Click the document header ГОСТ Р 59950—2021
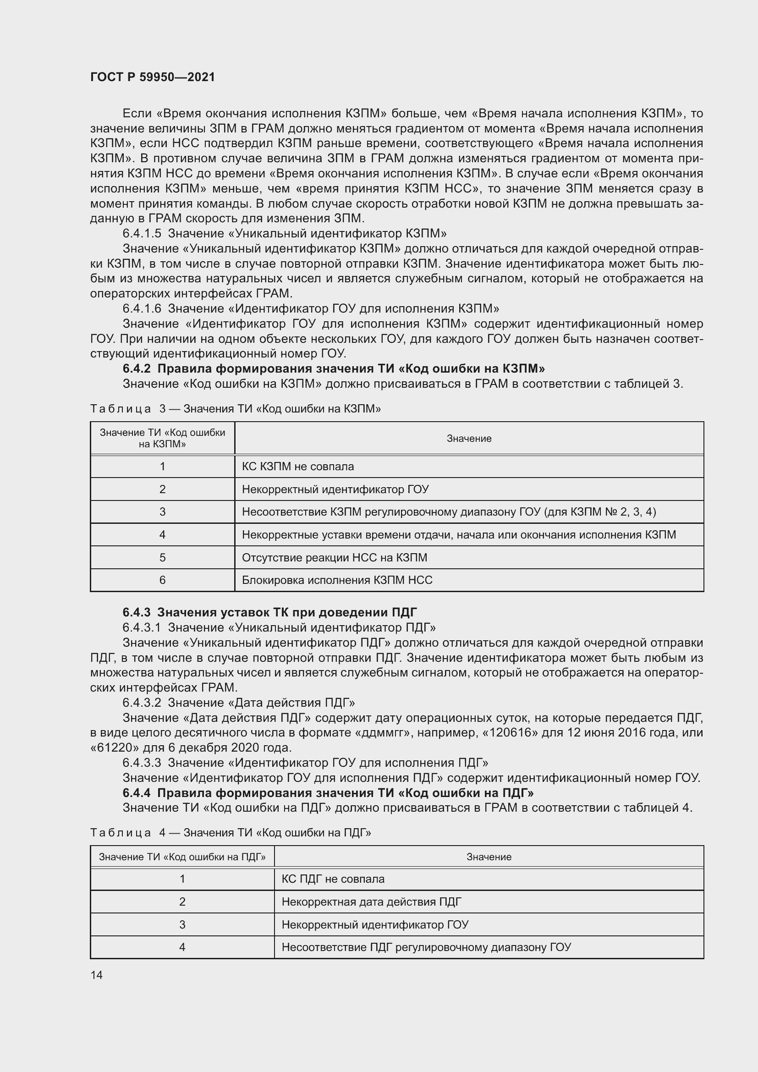point(153,77)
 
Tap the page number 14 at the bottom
point(97,975)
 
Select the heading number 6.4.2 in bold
point(137,369)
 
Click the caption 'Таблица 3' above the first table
point(121,409)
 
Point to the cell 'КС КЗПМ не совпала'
point(298,467)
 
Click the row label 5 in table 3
point(162,557)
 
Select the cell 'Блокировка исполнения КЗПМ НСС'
point(337,580)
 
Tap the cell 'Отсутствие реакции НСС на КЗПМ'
point(334,557)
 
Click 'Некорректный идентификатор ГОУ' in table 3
point(335,489)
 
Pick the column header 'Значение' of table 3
point(469,439)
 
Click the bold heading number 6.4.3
point(137,612)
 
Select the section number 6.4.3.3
point(142,763)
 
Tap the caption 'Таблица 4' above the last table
point(121,833)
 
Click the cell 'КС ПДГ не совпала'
point(333,879)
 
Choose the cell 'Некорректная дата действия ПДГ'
point(372,902)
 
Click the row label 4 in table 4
point(182,947)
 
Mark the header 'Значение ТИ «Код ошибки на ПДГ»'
point(182,857)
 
